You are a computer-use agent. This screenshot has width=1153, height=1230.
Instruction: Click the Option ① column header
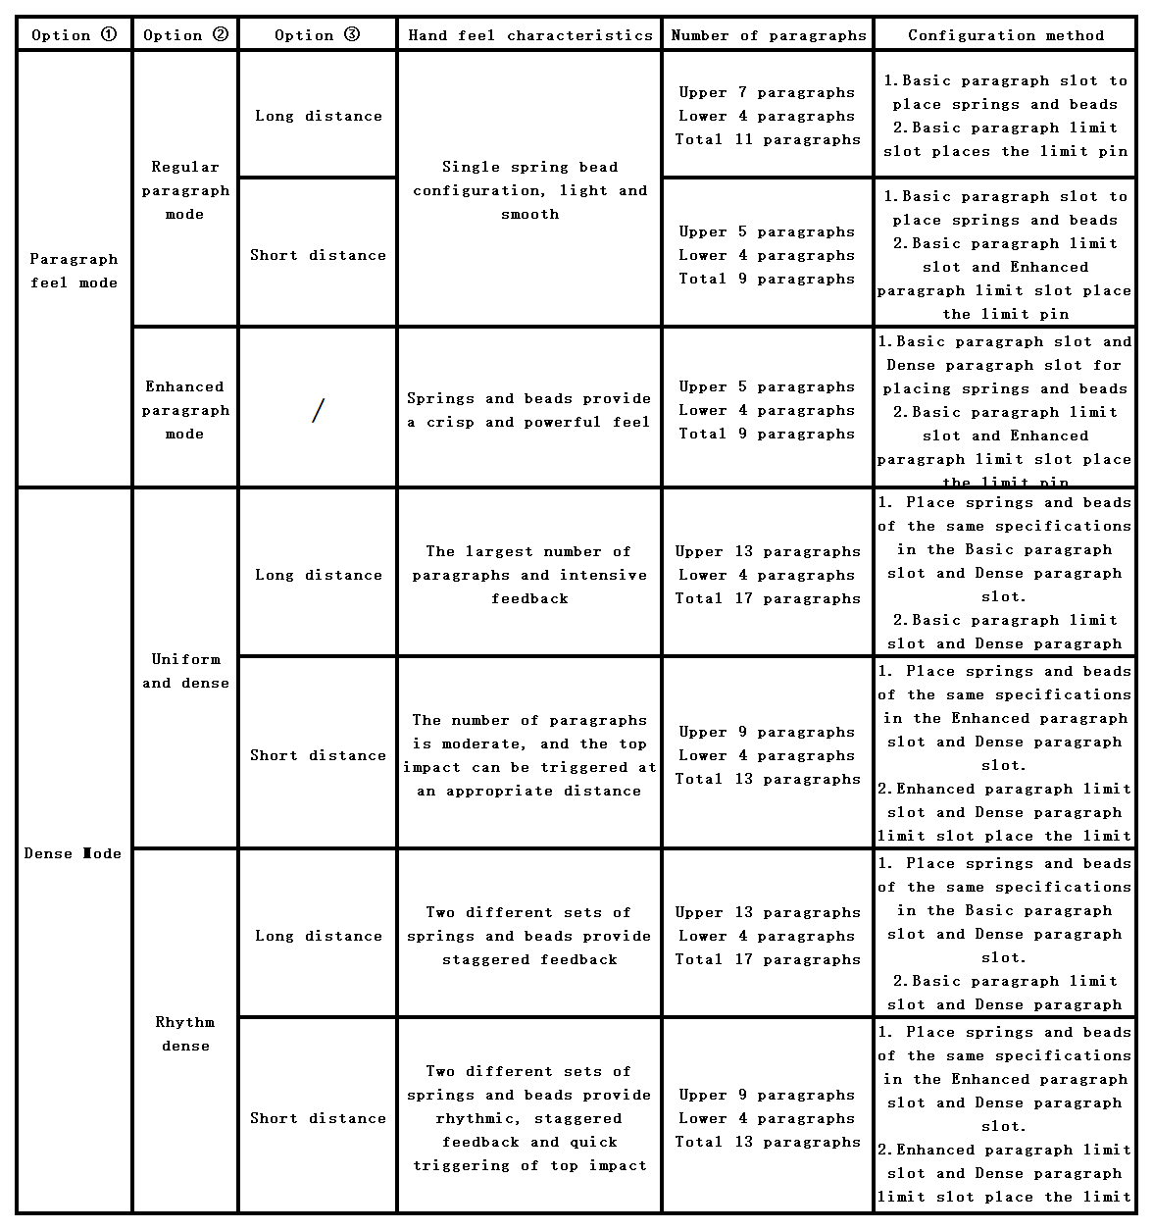click(74, 35)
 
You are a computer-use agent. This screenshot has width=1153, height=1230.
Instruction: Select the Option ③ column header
click(317, 35)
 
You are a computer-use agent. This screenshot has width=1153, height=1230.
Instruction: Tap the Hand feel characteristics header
click(529, 35)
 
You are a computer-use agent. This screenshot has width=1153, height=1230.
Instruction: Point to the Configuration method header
click(1005, 35)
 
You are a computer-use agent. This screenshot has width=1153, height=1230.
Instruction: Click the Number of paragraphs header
click(768, 35)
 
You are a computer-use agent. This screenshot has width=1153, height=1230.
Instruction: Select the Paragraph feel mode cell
click(74, 271)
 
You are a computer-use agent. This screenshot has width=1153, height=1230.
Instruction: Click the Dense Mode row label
click(74, 853)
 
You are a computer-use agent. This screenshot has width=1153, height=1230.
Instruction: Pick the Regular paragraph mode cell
click(184, 190)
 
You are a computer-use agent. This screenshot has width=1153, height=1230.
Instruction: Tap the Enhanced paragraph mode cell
click(184, 410)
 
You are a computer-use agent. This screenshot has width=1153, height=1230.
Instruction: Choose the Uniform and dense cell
click(184, 671)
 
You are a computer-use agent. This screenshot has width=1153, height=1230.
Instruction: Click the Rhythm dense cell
click(184, 1034)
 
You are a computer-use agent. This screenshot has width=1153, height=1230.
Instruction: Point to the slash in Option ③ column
click(317, 411)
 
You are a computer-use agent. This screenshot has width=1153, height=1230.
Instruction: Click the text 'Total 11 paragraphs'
click(768, 139)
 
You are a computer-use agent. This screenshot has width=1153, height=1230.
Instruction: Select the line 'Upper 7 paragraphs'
click(768, 92)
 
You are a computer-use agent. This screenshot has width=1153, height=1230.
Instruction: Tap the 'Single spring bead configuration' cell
click(529, 190)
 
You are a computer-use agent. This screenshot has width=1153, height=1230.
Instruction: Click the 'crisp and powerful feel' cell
click(529, 410)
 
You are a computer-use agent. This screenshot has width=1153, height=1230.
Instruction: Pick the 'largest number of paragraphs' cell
click(529, 575)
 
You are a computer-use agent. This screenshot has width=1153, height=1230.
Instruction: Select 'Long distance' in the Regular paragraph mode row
click(318, 116)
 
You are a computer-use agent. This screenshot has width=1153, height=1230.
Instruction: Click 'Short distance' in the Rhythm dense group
click(318, 1118)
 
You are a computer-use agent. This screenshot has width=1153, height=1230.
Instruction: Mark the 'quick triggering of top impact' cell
click(529, 1118)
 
